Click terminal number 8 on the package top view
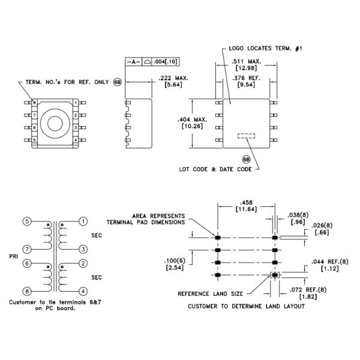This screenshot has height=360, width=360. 34,103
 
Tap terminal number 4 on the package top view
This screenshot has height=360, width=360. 76,140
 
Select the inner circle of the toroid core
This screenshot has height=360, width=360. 55,124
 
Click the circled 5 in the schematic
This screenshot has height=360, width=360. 27,221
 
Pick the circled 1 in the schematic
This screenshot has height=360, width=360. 83,221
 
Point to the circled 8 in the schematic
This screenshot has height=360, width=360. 27,292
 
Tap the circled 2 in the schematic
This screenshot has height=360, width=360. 83,263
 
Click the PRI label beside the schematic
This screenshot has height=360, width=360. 14,256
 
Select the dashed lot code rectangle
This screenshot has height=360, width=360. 247,136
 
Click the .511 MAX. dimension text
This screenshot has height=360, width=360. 247,62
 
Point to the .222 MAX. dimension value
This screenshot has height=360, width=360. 173,78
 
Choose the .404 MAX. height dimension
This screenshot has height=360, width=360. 193,119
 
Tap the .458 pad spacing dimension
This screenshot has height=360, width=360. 246,203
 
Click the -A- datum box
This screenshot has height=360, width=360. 134,62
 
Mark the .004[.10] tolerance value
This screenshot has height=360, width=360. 166,62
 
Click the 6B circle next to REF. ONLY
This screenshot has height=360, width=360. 118,82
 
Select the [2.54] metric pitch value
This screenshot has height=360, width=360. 175,268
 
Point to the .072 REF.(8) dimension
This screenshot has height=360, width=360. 308,290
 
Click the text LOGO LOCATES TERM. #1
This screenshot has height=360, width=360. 266,49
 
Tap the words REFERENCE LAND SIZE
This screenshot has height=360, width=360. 211,294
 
